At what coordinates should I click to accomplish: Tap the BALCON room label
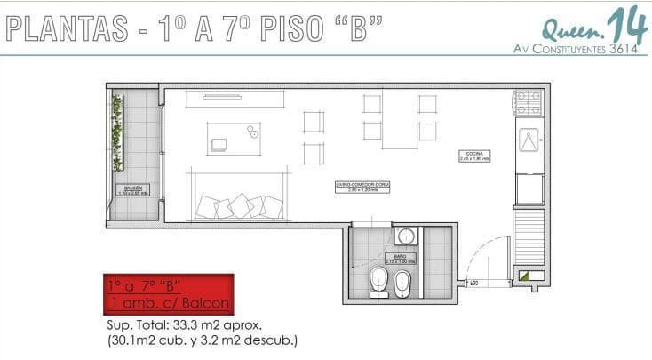(x=133, y=189)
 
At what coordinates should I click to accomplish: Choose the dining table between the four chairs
(x=400, y=120)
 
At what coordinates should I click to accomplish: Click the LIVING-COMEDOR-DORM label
(x=362, y=186)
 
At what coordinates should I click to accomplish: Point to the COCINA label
(x=472, y=156)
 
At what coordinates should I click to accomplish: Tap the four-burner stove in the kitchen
(x=529, y=102)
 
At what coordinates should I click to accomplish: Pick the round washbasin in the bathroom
(x=406, y=236)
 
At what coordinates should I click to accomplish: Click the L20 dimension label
(x=474, y=282)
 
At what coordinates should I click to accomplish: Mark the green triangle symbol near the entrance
(x=530, y=276)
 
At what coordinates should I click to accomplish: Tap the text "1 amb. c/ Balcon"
(x=169, y=303)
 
